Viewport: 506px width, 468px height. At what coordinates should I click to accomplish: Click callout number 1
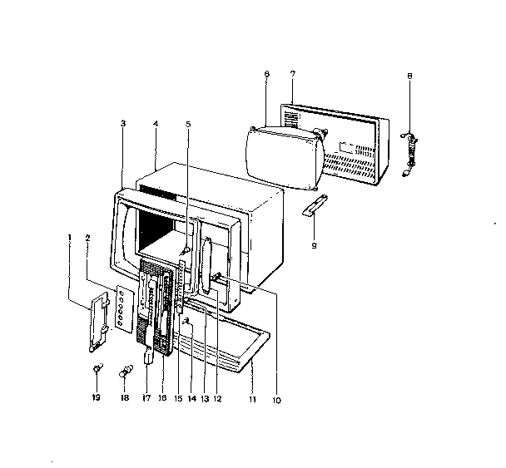point(70,238)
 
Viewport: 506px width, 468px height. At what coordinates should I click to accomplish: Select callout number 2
point(87,238)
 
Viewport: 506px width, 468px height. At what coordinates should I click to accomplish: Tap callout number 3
point(123,123)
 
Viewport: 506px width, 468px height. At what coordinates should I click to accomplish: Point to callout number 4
point(156,124)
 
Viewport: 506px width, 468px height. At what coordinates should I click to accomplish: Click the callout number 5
point(188,124)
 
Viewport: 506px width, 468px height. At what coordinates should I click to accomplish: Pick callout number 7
point(292,74)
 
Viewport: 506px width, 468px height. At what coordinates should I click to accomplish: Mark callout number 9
point(314,245)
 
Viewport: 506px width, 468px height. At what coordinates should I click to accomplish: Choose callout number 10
point(276,401)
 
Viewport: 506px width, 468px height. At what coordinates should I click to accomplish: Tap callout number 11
point(252,399)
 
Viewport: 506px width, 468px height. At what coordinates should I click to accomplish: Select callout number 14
point(192,399)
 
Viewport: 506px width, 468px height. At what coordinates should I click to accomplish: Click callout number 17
point(146,398)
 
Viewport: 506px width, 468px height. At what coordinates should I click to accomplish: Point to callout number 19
point(96,397)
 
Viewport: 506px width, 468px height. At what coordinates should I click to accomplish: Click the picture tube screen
point(284,158)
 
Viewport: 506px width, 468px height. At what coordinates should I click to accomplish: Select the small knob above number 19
point(97,367)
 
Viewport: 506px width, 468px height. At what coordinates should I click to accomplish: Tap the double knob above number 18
point(126,371)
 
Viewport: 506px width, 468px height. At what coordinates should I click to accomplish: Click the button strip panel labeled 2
point(125,308)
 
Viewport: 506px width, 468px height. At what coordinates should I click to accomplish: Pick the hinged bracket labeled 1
point(97,323)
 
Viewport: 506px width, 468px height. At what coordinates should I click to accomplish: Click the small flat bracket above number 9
point(315,205)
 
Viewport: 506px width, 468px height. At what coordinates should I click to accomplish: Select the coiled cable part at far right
point(409,154)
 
